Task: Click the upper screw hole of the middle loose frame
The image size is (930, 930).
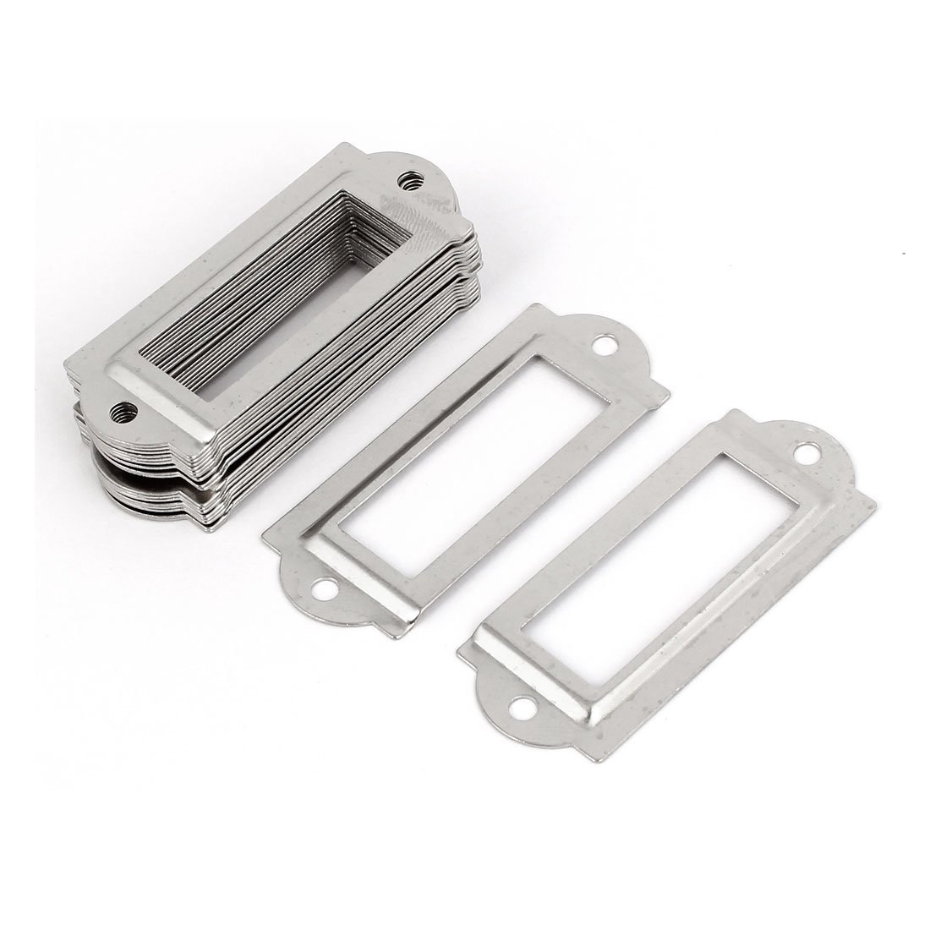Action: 606,345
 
